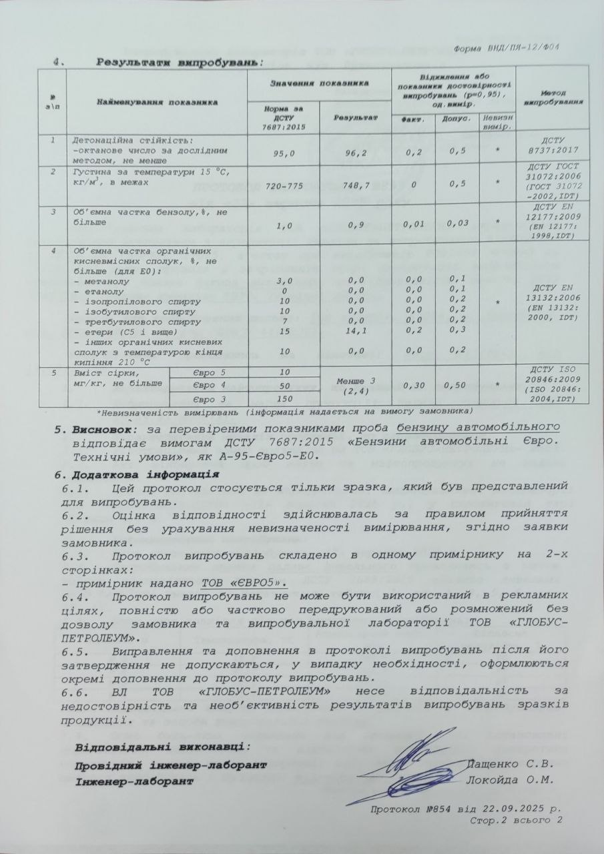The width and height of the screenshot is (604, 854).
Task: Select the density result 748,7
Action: [x=354, y=185]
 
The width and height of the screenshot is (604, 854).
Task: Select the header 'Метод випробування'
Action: [x=553, y=98]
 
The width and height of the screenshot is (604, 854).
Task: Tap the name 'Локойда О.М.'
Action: [x=509, y=779]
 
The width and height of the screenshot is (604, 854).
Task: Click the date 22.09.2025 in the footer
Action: [x=506, y=809]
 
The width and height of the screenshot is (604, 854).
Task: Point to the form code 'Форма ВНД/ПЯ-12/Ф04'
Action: [x=506, y=48]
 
